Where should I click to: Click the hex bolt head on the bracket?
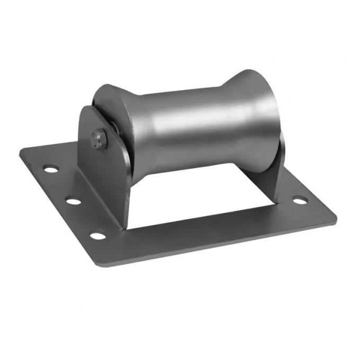99,139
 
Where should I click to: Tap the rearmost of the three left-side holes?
51,169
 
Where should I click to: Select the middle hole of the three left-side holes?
74,201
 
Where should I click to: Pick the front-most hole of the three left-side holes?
98,235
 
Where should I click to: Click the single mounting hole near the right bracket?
300,200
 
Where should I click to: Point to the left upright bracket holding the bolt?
106,169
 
